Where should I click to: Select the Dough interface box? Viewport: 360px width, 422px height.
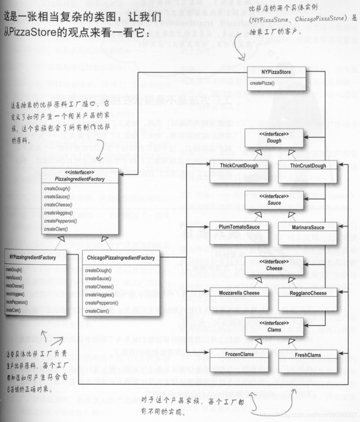274,138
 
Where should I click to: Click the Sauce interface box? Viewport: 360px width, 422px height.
274,200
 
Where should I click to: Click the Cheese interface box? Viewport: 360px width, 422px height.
274,265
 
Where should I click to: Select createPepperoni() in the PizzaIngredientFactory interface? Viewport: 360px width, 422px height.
60,221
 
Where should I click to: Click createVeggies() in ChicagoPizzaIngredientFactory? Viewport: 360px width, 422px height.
99,295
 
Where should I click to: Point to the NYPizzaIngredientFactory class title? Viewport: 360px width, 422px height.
33,257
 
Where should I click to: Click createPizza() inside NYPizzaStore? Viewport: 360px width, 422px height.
262,83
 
